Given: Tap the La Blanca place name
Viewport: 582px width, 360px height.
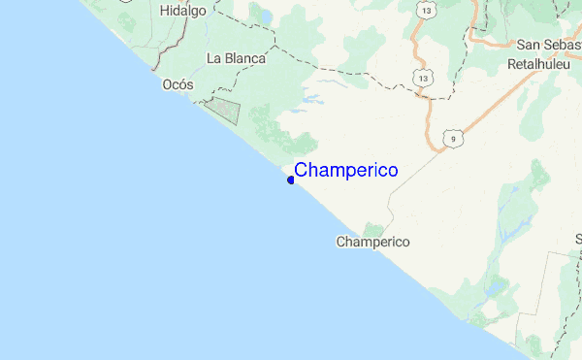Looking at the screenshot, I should coord(236,58).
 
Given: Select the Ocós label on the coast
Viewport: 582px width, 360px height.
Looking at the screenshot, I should coord(178,84).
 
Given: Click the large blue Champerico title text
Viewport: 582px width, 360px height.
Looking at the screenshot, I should coord(345,170).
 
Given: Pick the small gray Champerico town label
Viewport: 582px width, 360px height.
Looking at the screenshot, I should coord(372,242).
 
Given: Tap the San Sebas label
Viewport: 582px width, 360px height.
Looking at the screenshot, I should coord(548,45).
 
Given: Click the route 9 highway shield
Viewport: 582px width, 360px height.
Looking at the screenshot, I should coord(451,140).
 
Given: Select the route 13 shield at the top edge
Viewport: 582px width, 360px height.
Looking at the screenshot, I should coord(428,9).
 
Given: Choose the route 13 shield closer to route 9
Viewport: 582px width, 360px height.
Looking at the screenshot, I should coord(423,76).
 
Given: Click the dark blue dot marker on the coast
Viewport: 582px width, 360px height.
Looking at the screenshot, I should coord(291,180).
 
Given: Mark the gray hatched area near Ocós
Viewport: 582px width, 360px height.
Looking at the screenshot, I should coord(224,110).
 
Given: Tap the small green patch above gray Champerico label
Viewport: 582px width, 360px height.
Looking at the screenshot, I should coord(373,229).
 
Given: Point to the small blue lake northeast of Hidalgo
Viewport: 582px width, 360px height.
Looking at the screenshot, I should coord(263,16).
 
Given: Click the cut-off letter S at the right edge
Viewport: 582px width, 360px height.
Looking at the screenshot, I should coord(578,239).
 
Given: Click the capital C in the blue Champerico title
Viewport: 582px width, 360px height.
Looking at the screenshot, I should coord(301,170).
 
